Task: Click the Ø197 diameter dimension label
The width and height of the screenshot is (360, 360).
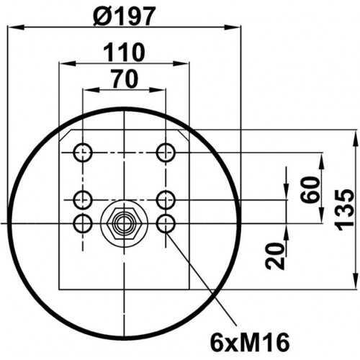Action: (125, 16)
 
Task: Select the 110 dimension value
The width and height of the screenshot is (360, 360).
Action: (124, 53)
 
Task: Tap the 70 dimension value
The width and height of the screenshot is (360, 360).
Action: (125, 78)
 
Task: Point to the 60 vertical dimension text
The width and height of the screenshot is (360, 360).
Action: (310, 189)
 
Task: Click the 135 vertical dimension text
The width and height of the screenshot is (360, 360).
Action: (344, 210)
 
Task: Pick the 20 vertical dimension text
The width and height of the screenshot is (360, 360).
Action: (275, 256)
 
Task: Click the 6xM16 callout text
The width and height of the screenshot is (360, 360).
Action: (250, 343)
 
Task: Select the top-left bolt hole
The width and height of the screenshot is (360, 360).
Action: (83, 153)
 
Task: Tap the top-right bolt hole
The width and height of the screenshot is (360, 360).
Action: (166, 153)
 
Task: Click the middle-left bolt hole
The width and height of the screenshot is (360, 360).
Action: (83, 199)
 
